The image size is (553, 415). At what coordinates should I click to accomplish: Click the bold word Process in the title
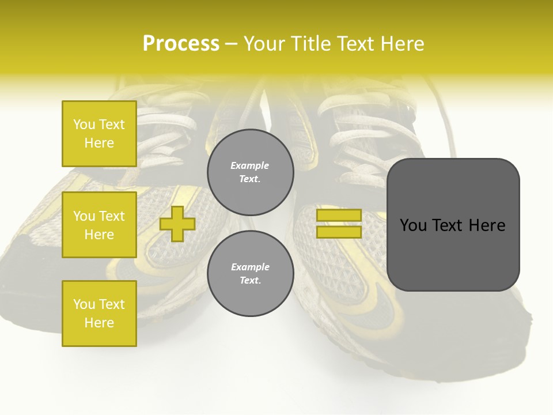click(181, 44)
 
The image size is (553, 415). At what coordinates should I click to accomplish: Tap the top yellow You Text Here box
click(99, 134)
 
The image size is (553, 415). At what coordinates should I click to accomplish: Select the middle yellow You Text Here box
click(99, 225)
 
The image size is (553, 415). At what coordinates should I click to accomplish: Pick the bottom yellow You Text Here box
click(99, 313)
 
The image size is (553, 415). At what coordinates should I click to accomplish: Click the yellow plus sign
click(177, 224)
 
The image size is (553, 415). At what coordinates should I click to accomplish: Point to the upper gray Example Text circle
click(250, 172)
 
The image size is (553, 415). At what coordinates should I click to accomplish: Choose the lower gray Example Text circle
click(250, 273)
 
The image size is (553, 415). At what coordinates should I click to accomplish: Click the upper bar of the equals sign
click(339, 216)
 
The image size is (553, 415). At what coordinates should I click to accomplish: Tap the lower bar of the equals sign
click(339, 232)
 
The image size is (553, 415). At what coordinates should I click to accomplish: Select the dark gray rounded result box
click(453, 225)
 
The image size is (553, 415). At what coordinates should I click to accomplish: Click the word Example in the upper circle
click(250, 165)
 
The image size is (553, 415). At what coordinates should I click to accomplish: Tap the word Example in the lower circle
click(250, 267)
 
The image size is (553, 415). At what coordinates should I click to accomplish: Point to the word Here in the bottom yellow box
click(99, 323)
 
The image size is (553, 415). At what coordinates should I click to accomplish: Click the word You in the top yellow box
click(84, 124)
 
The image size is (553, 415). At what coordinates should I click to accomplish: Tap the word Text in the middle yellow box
click(112, 216)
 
